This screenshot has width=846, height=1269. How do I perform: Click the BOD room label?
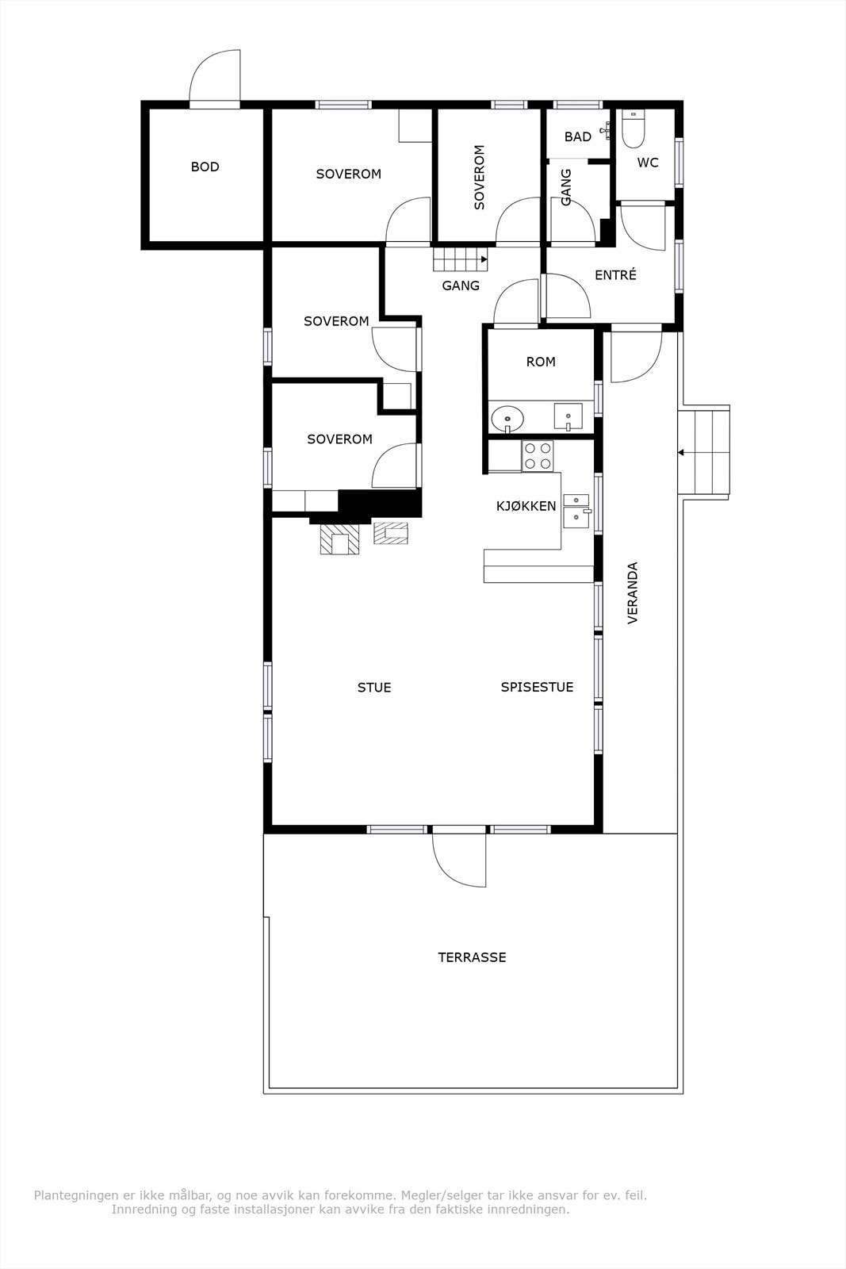[x=205, y=167]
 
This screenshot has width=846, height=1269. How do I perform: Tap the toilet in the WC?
[x=633, y=129]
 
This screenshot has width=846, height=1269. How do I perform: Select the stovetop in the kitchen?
[x=538, y=455]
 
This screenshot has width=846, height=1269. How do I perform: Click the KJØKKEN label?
[x=526, y=506]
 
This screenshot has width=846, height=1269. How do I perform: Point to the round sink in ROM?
[x=506, y=417]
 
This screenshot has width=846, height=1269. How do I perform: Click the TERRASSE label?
[x=472, y=957]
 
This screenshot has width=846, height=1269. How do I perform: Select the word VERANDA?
[x=633, y=592]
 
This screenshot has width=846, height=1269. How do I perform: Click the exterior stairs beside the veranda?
[x=704, y=452]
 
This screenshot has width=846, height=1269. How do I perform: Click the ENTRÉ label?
[x=615, y=275]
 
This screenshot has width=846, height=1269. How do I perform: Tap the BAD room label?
[x=577, y=136]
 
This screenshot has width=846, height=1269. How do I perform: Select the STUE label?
[x=373, y=688]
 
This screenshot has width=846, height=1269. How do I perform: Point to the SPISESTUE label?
[x=537, y=687]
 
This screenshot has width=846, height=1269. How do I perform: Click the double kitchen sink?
[x=576, y=509]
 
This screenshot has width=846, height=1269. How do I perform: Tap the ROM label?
[x=541, y=362]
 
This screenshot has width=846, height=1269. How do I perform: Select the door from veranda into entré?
[x=636, y=353]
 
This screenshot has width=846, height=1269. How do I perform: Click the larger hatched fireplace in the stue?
[x=339, y=539]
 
